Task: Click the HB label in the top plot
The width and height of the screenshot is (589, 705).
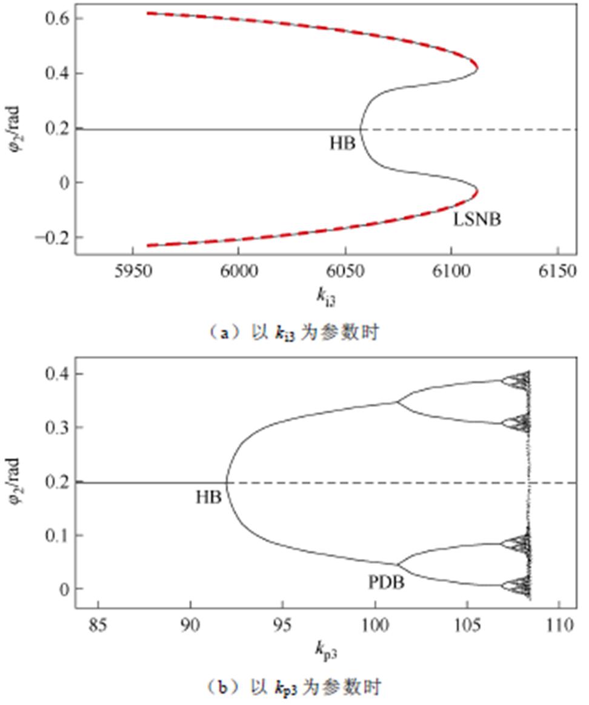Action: click(x=342, y=144)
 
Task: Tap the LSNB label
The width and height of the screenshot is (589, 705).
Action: click(x=477, y=219)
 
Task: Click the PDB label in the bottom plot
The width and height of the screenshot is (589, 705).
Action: click(x=386, y=583)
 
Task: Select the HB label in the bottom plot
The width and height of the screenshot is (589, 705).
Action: click(x=208, y=498)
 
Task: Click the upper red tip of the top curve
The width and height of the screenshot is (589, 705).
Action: click(x=477, y=67)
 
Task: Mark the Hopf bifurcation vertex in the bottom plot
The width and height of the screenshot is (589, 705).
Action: click(x=226, y=483)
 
